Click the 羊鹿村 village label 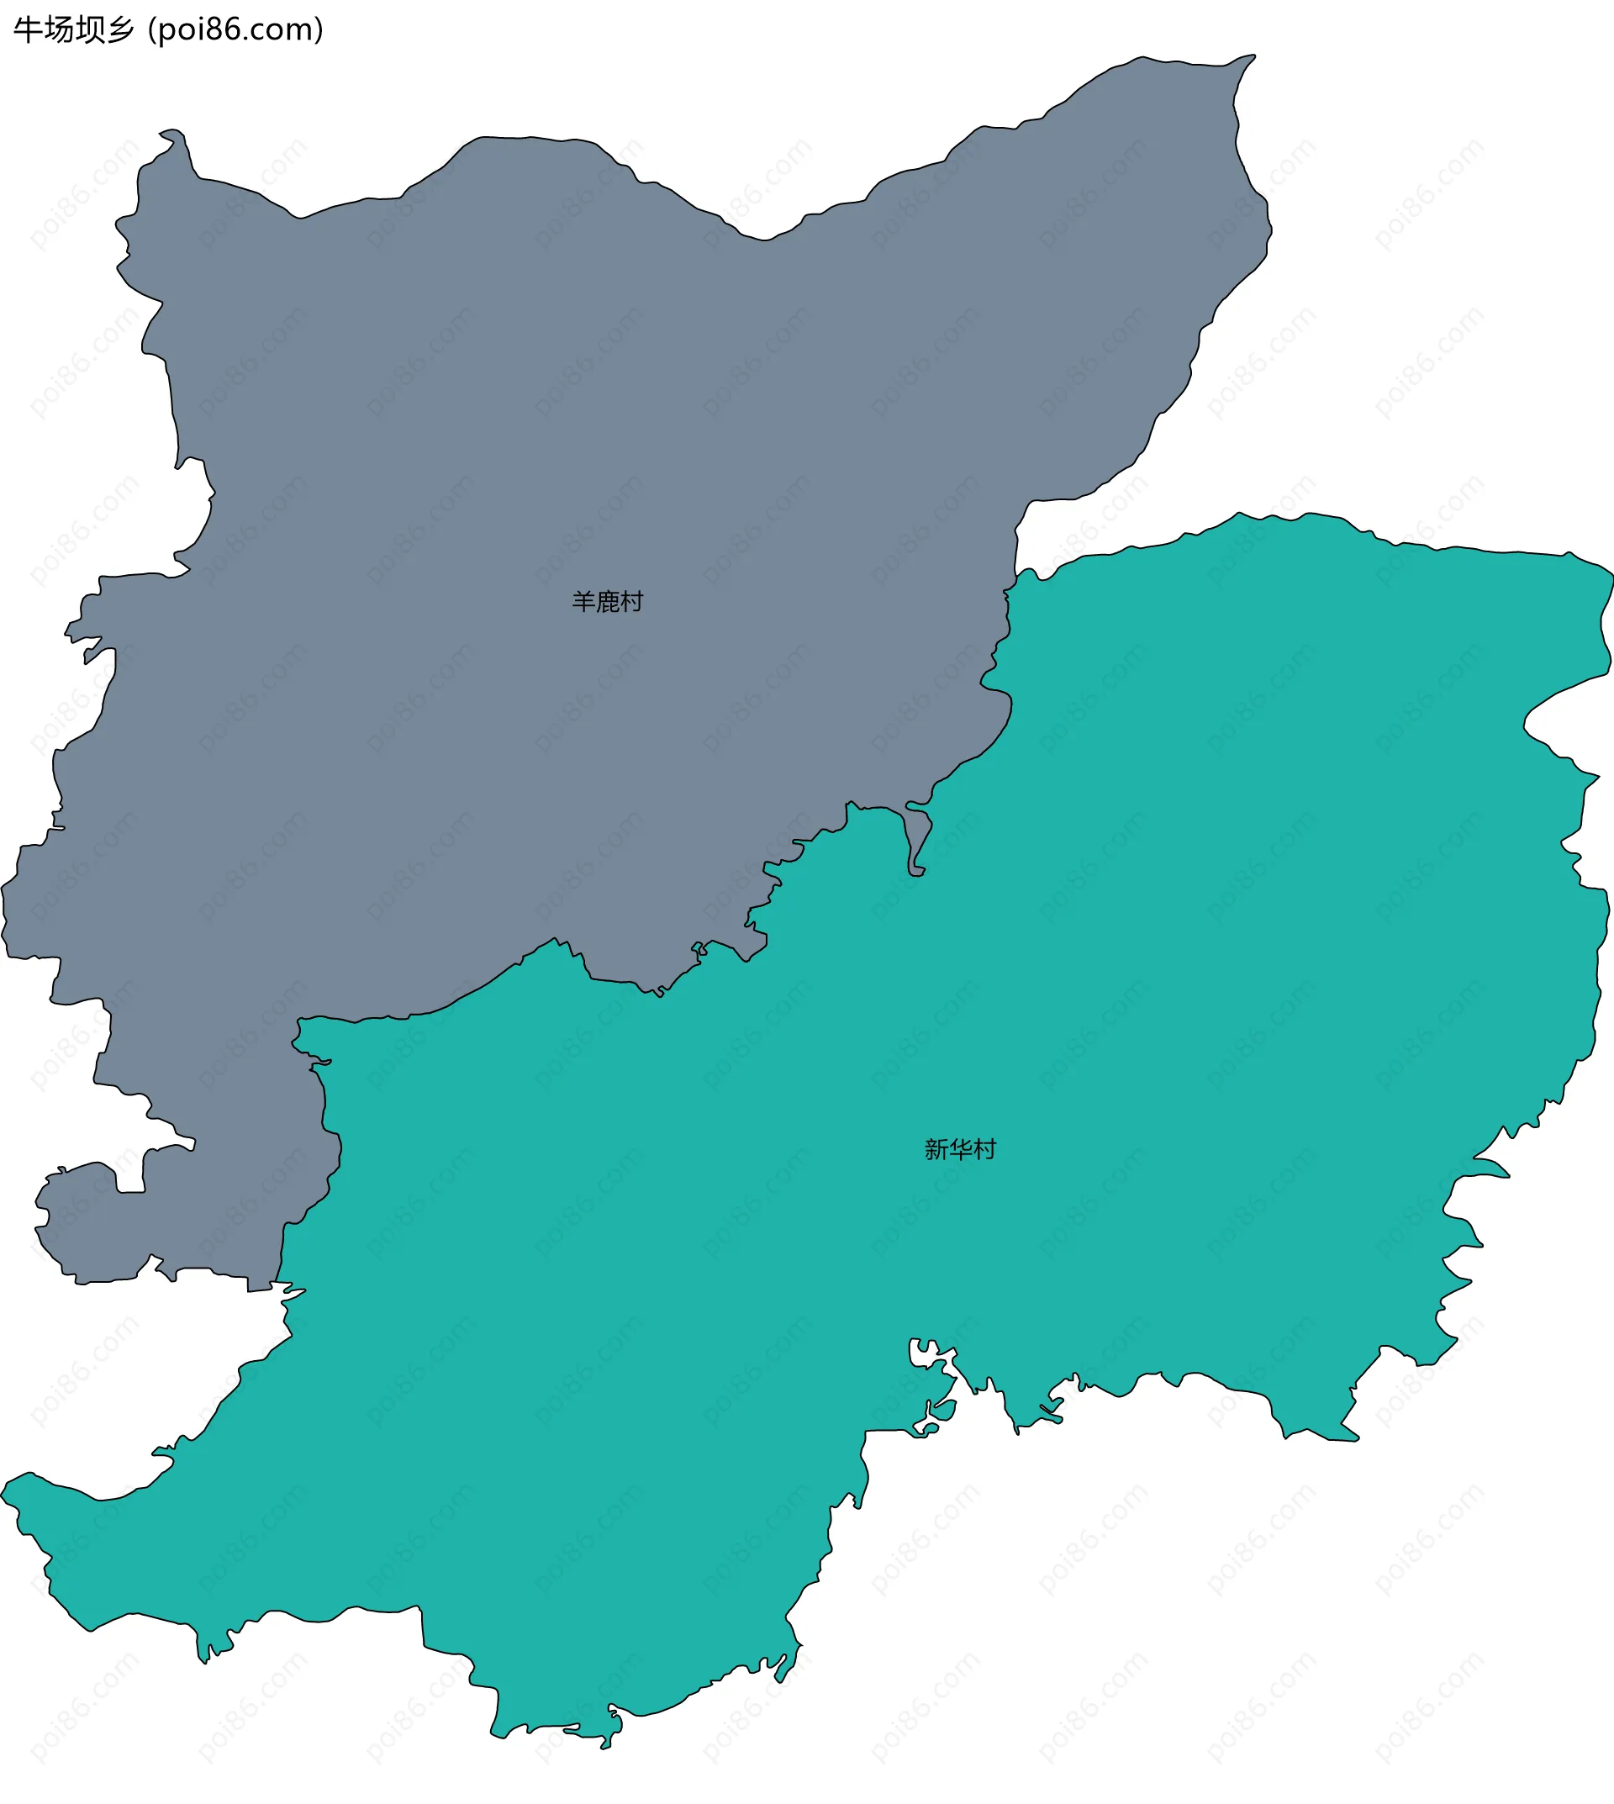(608, 602)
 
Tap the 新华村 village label (961, 1149)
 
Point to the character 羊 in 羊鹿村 (583, 602)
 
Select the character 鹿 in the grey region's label (608, 602)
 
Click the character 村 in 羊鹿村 (631, 602)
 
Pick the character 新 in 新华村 (936, 1149)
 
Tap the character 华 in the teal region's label (961, 1149)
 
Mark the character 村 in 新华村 (984, 1149)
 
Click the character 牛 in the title (28, 30)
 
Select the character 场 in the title (58, 30)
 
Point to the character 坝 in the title (88, 30)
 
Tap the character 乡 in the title (119, 30)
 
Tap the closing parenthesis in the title (319, 31)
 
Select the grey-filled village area (532, 444)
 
